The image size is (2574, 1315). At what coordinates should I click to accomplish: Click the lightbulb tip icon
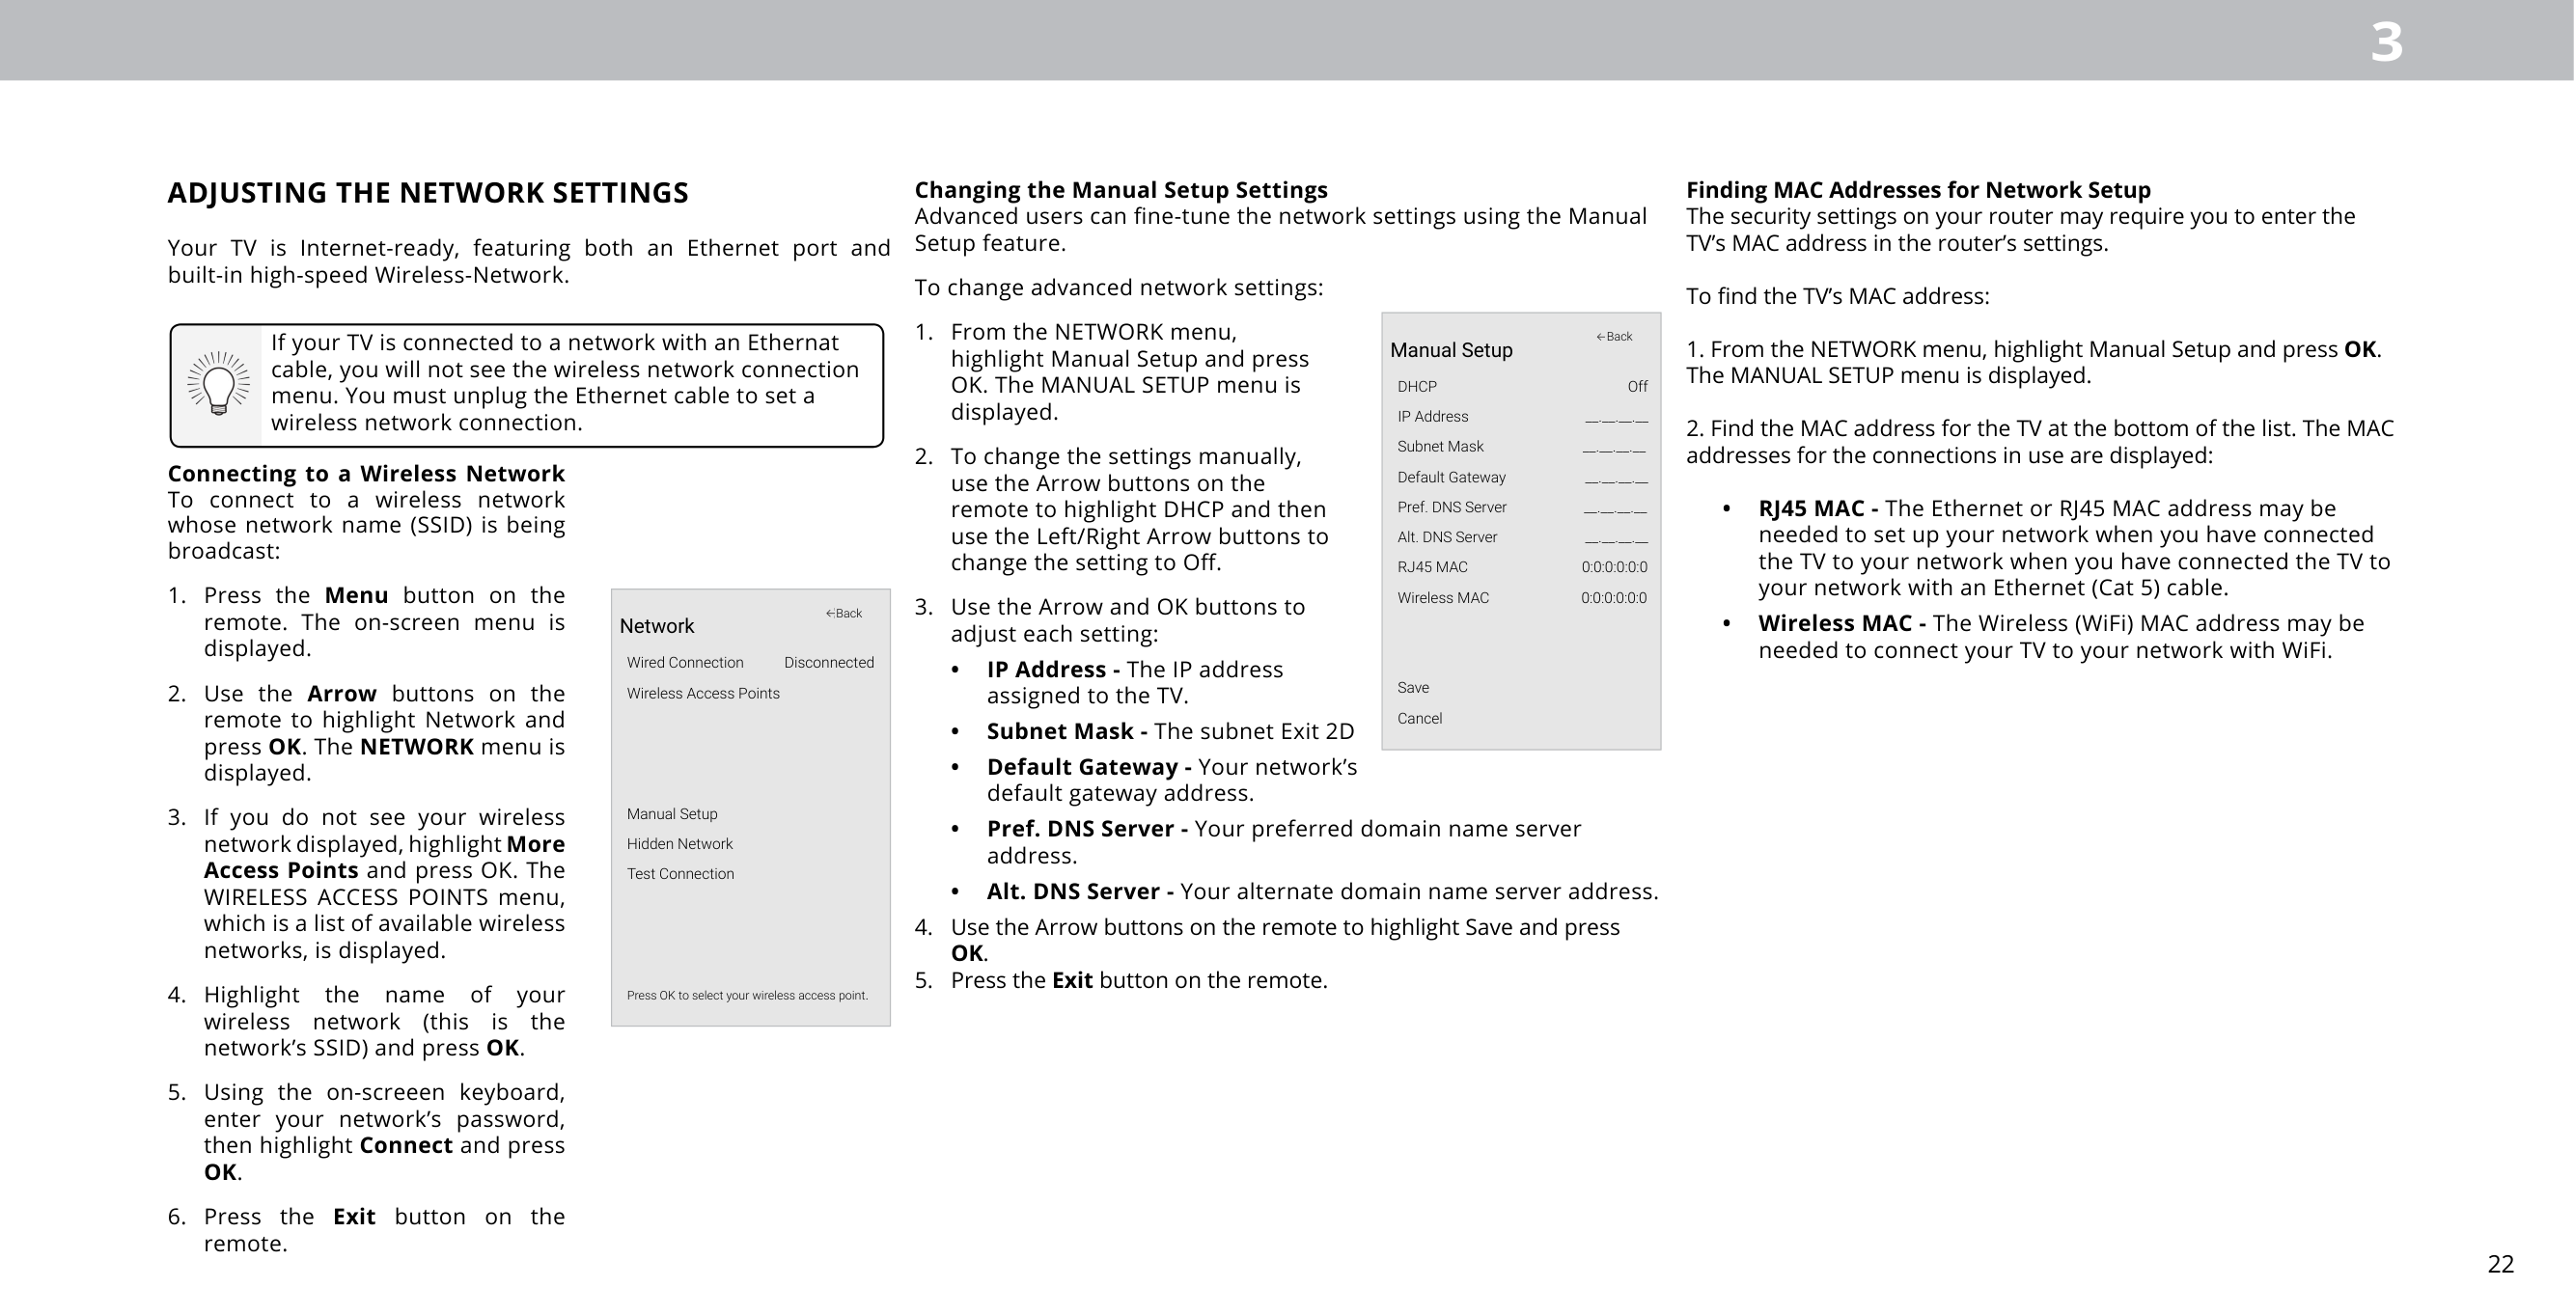218,385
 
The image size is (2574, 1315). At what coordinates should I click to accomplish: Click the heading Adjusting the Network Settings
428,193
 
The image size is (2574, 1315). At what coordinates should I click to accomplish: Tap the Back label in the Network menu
844,614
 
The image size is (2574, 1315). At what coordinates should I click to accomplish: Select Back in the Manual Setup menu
1614,337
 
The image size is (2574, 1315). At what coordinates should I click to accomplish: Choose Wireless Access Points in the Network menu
703,694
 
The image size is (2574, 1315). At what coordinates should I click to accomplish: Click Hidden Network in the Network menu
679,844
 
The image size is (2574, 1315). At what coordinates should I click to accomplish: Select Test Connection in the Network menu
680,874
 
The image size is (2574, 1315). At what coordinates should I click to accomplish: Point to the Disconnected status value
828,663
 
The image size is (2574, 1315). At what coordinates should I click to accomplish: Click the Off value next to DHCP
1637,387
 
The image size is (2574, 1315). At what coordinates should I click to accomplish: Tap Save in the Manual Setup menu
1413,688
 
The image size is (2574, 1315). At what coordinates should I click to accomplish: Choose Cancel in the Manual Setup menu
1419,719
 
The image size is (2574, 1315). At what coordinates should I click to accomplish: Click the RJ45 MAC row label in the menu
1432,567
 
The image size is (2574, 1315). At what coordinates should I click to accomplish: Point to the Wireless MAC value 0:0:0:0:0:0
1613,598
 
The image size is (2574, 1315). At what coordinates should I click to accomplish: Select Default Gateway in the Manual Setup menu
1451,478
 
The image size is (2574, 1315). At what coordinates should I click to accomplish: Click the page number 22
2500,1264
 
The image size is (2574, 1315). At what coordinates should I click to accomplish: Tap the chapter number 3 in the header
2386,43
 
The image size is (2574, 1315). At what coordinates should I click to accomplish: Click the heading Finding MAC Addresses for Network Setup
1918,190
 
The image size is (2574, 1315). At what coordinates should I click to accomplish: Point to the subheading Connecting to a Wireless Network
366,474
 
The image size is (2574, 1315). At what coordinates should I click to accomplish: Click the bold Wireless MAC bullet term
1841,623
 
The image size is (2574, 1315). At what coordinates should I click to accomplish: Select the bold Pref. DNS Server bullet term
1086,830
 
